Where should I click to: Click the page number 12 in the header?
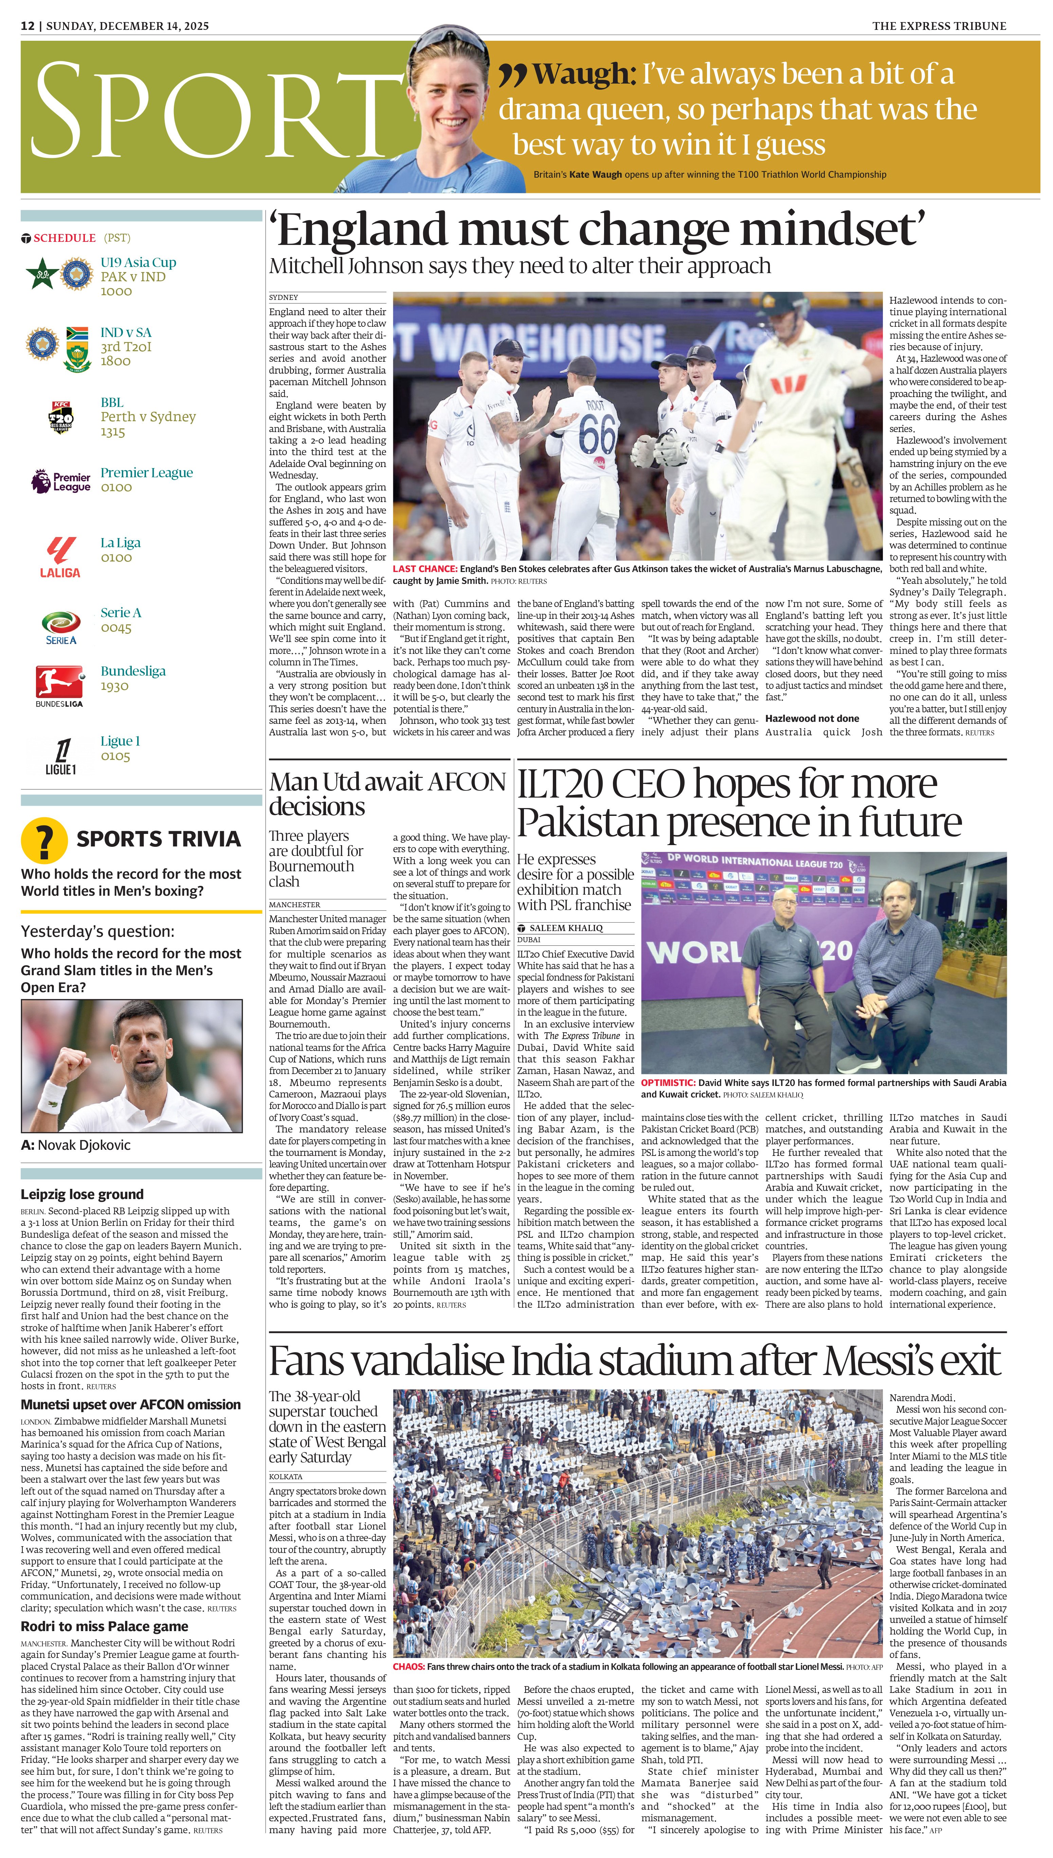[x=28, y=26]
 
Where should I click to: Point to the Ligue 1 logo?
[x=61, y=756]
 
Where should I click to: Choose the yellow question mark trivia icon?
[x=44, y=840]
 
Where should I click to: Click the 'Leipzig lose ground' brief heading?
[x=82, y=1194]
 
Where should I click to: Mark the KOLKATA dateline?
[x=286, y=1476]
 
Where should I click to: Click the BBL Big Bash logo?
[x=61, y=417]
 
